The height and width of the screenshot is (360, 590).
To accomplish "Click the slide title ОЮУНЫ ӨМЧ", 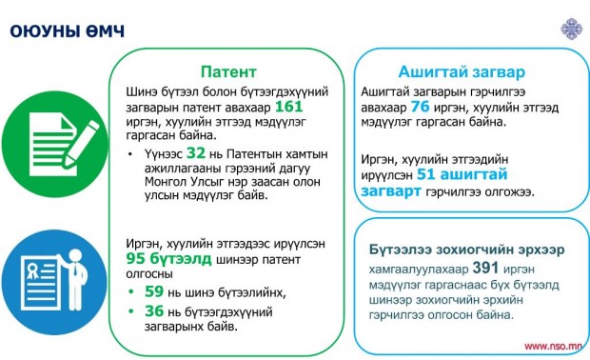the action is (67, 31).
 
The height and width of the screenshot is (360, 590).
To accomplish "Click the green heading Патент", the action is (228, 71).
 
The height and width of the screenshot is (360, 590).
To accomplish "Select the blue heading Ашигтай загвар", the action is (462, 71).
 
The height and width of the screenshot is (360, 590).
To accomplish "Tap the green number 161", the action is (289, 107).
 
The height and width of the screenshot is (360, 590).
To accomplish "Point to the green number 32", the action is (196, 153).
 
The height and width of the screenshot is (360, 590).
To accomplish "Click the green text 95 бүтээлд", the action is (169, 259).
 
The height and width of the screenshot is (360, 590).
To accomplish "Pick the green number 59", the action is (154, 291).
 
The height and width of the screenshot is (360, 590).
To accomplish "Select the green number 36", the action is (154, 311).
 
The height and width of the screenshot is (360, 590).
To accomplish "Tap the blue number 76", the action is (420, 107).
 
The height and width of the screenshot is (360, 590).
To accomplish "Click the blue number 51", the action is (426, 174).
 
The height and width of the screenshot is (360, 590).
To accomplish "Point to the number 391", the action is (485, 268).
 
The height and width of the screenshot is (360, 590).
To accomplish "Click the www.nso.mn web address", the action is (553, 346).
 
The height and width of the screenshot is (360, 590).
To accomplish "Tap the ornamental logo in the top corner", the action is (572, 29).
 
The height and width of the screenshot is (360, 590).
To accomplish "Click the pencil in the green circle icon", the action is (82, 144).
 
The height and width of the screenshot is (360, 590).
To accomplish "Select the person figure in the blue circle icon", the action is (75, 278).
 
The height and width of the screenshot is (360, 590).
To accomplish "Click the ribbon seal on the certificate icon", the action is (32, 270).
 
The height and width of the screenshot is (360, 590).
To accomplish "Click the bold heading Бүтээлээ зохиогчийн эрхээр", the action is (466, 250).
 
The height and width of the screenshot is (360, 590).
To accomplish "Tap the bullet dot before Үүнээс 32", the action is (130, 154).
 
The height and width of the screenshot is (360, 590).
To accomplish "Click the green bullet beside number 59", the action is (131, 291).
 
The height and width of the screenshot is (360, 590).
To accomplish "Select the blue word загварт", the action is (390, 190).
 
